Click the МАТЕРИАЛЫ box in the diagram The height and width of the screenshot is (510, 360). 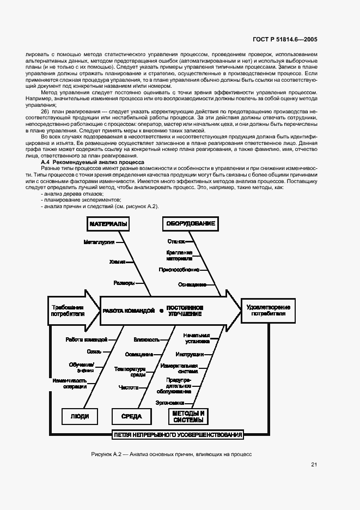pyautogui.click(x=108, y=224)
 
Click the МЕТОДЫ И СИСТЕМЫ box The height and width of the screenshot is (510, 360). pyautogui.click(x=188, y=416)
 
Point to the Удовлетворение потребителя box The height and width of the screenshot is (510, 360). pyautogui.click(x=268, y=310)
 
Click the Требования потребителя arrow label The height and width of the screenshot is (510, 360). pyautogui.click(x=68, y=310)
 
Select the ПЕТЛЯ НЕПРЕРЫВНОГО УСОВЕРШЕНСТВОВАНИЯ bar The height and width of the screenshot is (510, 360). pyautogui.click(x=178, y=435)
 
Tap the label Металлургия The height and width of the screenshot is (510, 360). pyautogui.click(x=99, y=241)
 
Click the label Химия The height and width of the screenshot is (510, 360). pyautogui.click(x=117, y=262)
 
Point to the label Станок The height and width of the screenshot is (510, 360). pyautogui.click(x=176, y=241)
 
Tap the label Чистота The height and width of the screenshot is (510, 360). pyautogui.click(x=129, y=387)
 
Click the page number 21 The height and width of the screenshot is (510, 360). pyautogui.click(x=314, y=465)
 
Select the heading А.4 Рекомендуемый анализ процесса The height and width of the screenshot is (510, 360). pyautogui.click(x=93, y=162)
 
